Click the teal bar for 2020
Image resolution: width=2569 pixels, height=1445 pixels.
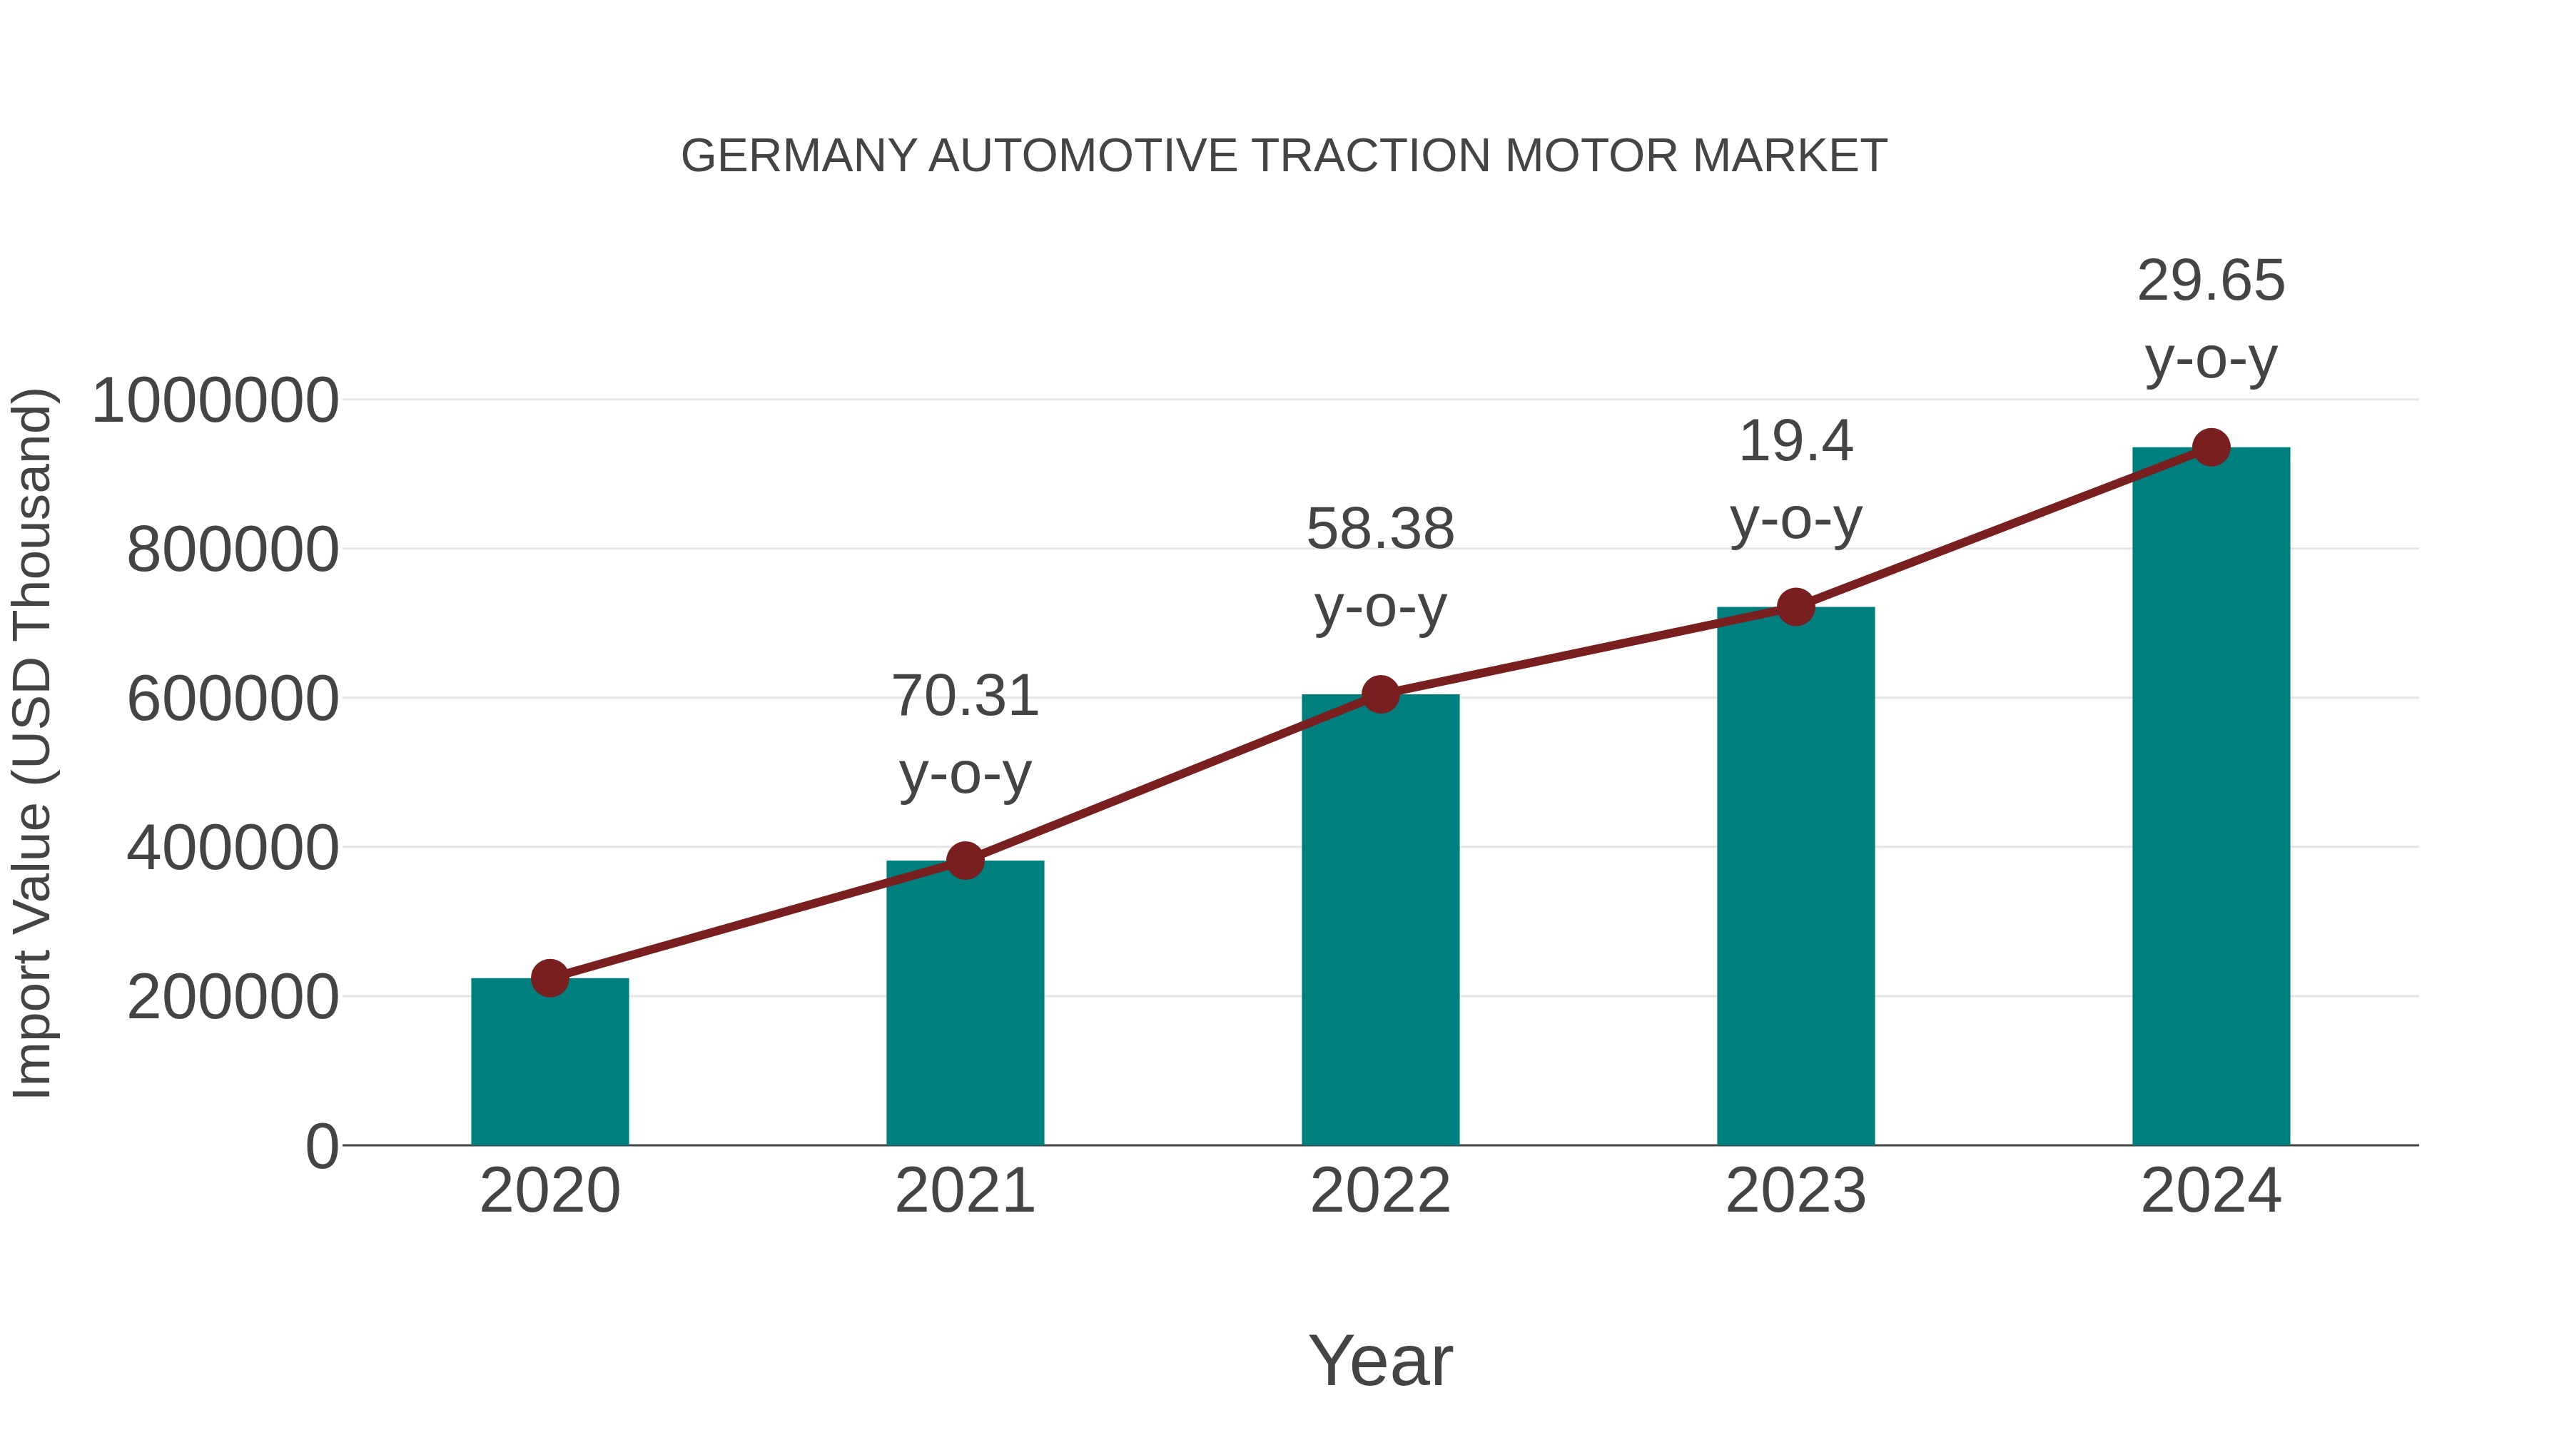(x=549, y=1062)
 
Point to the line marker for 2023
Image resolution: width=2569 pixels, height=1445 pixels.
(x=1795, y=607)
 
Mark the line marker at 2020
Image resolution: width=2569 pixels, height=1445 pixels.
(x=549, y=978)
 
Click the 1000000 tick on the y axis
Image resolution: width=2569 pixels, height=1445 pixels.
(x=214, y=401)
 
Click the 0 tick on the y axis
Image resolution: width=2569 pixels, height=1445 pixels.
(x=321, y=1146)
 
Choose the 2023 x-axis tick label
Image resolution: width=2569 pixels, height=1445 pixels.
(x=1795, y=1191)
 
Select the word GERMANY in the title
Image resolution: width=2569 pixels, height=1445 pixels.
(x=798, y=156)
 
